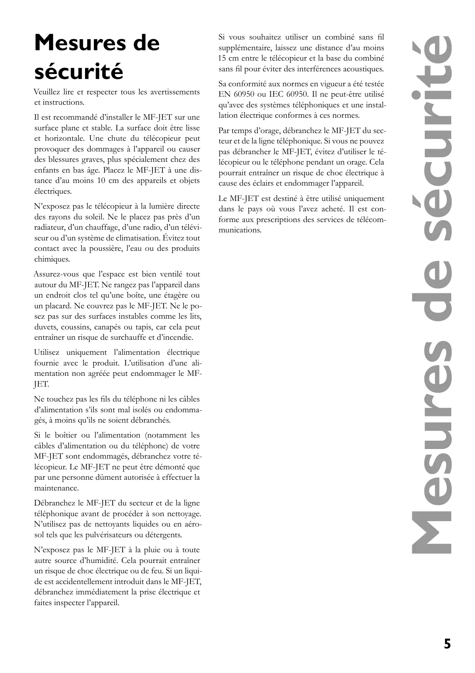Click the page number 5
click(447, 644)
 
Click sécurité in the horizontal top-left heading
click(79, 72)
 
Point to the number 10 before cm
click(101, 181)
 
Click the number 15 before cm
click(223, 59)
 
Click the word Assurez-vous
click(56, 274)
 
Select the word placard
click(58, 306)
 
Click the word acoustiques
click(361, 69)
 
